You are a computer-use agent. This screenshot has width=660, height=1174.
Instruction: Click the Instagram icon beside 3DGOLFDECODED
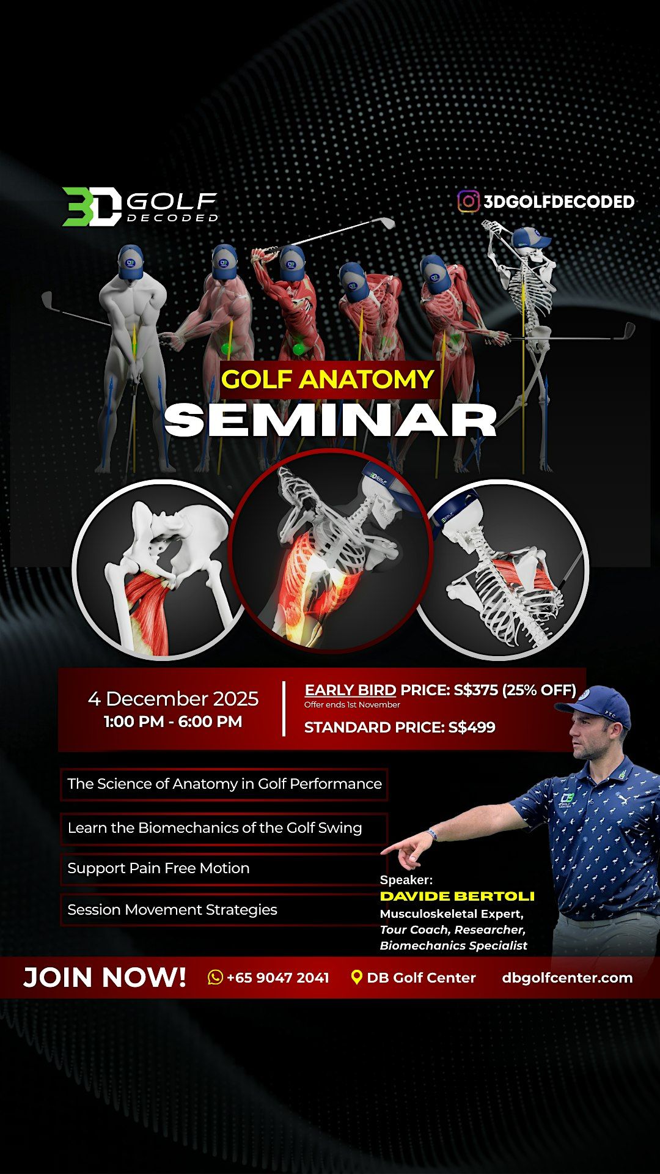coord(469,201)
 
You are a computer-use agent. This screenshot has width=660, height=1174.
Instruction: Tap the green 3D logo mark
coord(92,207)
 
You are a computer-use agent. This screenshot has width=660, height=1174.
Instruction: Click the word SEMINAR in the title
coord(330,420)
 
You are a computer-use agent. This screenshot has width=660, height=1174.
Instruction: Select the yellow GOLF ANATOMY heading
coord(328,379)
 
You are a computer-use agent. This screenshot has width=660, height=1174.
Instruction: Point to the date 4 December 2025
coord(173,698)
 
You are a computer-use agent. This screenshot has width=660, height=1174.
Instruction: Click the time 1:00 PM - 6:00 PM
coord(173,722)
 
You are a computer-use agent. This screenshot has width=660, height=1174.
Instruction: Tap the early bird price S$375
coord(475,690)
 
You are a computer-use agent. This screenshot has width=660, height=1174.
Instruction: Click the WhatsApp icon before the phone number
coord(215,977)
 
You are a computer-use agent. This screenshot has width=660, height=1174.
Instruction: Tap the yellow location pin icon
coord(357,977)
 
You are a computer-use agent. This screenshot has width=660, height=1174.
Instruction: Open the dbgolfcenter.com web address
coord(567,977)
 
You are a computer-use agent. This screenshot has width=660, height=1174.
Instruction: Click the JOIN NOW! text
coord(105,977)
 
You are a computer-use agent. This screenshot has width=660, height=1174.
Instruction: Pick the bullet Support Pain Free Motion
coord(158,868)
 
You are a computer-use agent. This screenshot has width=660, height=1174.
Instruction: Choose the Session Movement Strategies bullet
coord(172,910)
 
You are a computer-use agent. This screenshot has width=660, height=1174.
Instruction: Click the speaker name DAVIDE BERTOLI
coord(457,896)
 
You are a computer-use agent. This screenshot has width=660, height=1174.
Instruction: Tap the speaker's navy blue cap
coord(595,704)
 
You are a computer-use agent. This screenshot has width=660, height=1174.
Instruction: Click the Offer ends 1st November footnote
coord(352,705)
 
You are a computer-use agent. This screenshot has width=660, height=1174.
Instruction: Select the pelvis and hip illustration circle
coord(160,570)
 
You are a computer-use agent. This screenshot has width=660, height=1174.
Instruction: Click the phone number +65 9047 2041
coord(277,977)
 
